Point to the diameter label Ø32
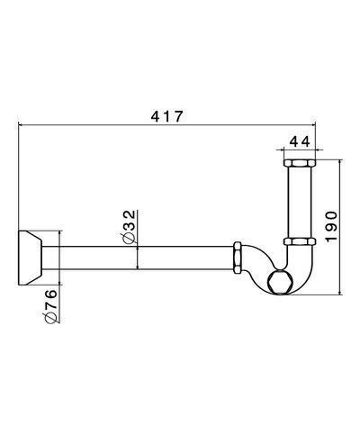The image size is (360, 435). [129, 225]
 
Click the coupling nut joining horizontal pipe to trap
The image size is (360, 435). [238, 257]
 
